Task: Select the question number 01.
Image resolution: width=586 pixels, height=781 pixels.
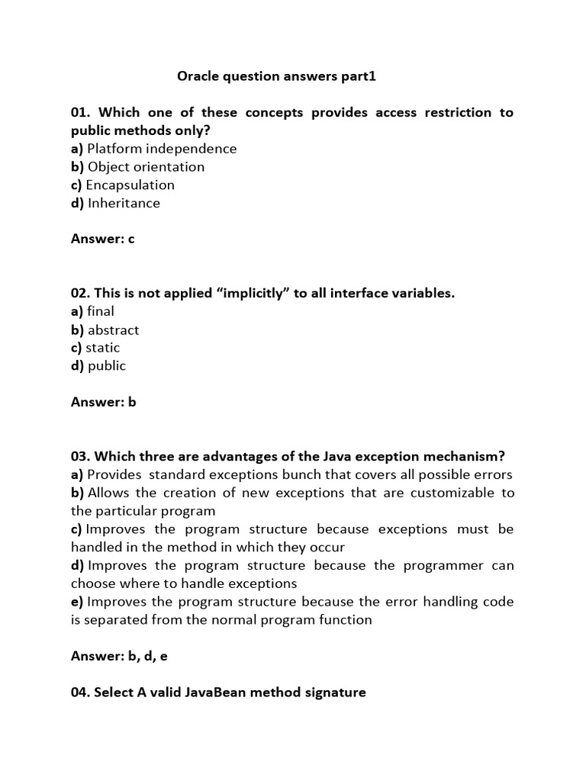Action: tap(81, 113)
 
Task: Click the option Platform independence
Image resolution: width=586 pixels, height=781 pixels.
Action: tap(162, 149)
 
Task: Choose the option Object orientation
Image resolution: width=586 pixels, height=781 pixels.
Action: tap(146, 167)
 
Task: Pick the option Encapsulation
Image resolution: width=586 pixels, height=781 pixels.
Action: tap(130, 185)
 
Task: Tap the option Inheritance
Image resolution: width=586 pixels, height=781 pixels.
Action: tap(124, 204)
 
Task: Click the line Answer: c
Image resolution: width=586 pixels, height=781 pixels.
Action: tap(103, 239)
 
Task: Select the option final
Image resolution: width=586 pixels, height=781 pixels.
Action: tap(101, 311)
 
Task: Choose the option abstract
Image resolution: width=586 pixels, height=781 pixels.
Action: tap(113, 330)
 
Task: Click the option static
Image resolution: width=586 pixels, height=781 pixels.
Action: tap(103, 348)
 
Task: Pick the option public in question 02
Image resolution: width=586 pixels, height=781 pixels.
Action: tap(107, 366)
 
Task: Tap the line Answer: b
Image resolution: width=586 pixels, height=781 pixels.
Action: tap(104, 402)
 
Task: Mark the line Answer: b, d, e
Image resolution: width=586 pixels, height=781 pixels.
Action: tap(119, 656)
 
